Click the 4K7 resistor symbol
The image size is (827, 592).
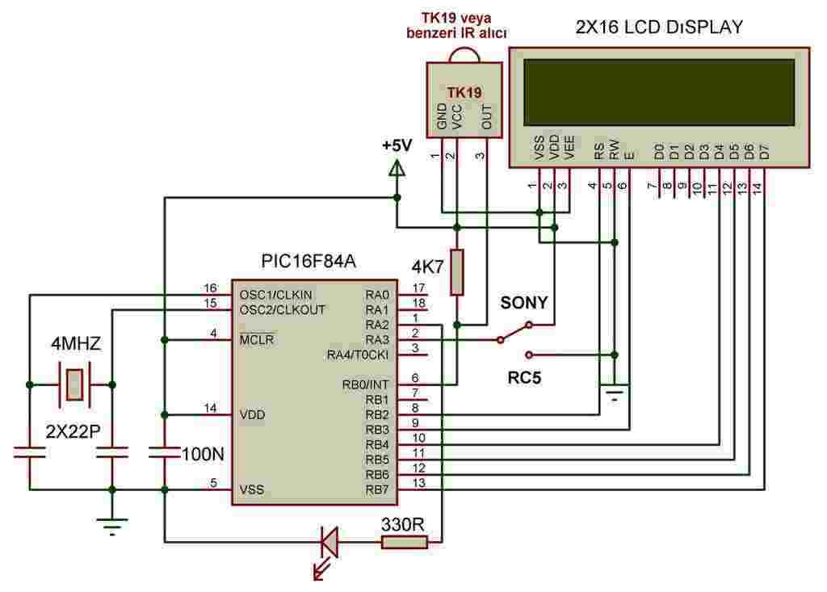pos(457,273)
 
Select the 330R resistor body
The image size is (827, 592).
pos(404,544)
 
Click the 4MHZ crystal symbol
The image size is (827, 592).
pos(73,384)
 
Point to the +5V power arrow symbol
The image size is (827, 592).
pos(397,169)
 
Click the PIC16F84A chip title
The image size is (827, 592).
pos(309,262)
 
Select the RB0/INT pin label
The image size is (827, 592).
pos(367,384)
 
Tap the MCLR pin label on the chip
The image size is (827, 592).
pos(257,340)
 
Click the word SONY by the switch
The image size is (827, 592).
pos(524,304)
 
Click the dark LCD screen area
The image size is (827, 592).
pos(657,91)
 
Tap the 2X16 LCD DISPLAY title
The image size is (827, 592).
pos(659,27)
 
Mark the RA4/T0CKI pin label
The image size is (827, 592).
pos(358,355)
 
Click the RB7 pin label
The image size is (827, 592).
pos(376,489)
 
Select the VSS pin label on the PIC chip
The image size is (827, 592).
pos(251,489)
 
